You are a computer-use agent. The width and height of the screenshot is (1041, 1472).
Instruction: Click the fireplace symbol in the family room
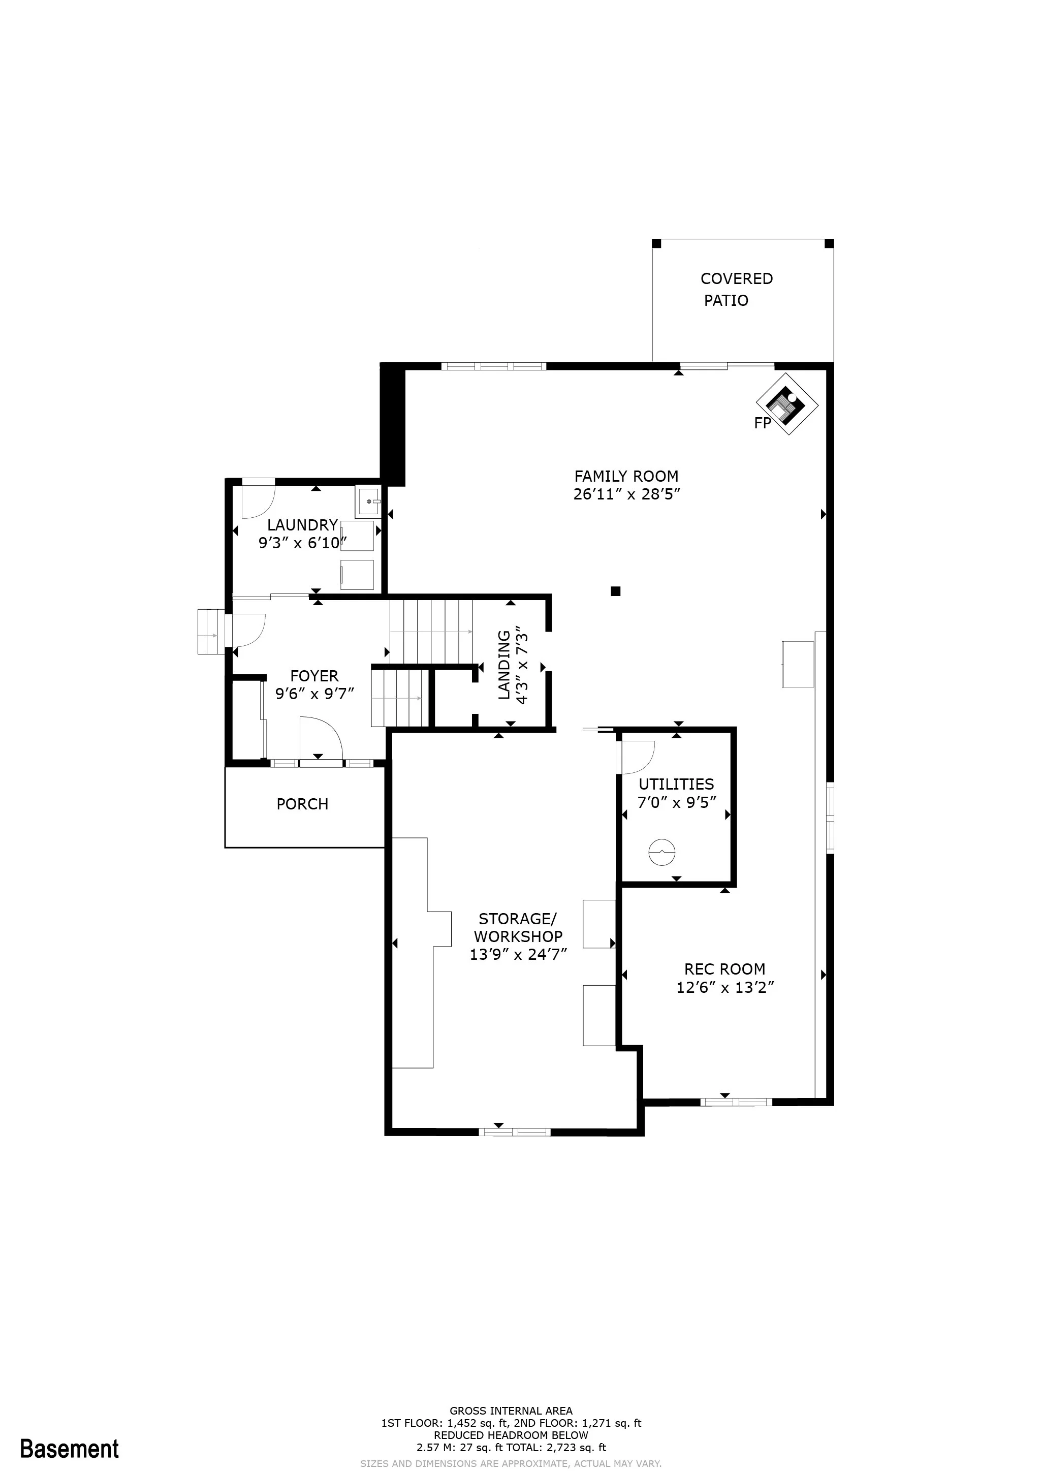(786, 404)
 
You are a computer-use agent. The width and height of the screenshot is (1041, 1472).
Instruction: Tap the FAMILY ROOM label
(626, 476)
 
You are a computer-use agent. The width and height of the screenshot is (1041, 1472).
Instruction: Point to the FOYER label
(314, 676)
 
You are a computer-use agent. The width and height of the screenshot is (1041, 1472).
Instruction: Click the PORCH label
(303, 804)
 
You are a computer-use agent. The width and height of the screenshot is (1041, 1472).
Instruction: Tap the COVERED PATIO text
(737, 289)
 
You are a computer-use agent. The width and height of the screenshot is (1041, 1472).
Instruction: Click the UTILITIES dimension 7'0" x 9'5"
(676, 803)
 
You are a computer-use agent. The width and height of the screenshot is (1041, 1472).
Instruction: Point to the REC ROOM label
(725, 969)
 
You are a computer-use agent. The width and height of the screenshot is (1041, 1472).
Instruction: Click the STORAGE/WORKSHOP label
(518, 928)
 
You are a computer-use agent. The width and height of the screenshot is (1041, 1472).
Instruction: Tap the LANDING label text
(504, 665)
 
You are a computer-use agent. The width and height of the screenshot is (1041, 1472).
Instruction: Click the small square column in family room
(615, 591)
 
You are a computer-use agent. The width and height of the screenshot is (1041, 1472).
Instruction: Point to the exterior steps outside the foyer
(212, 632)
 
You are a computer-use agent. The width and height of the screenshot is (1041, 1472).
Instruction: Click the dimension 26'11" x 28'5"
(626, 494)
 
